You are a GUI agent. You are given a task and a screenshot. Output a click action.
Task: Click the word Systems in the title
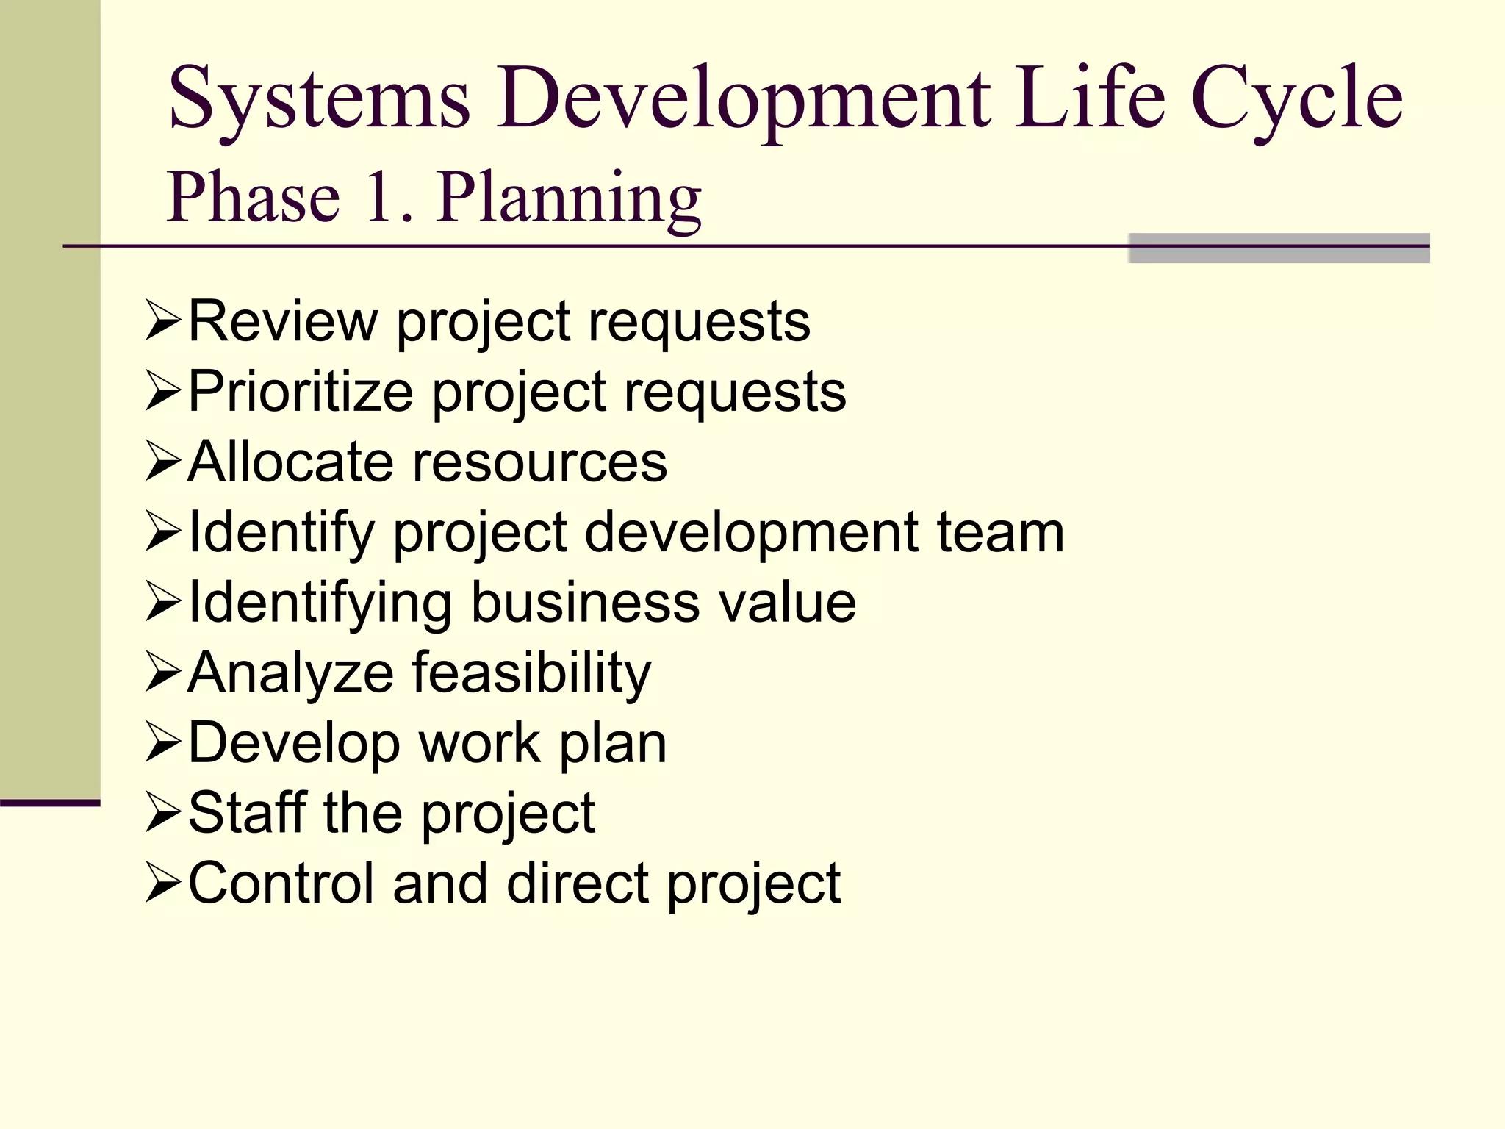pos(319,100)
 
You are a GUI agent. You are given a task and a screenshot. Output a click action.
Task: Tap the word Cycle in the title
pos(1296,100)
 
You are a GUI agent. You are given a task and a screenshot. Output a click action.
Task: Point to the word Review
pos(283,321)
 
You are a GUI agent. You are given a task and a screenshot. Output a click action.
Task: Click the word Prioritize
pos(301,392)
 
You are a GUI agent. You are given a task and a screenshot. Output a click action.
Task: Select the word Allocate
pos(291,462)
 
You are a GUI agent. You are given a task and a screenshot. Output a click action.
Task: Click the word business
pos(585,603)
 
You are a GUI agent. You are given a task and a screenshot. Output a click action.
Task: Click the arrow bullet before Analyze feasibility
pos(162,672)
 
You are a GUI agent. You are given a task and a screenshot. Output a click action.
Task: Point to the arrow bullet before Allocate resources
pos(162,462)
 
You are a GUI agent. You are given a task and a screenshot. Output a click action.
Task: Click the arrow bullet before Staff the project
pos(162,812)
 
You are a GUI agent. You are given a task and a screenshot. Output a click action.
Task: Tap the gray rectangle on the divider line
pos(1279,248)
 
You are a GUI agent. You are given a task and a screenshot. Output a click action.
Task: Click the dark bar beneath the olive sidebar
pos(50,803)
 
